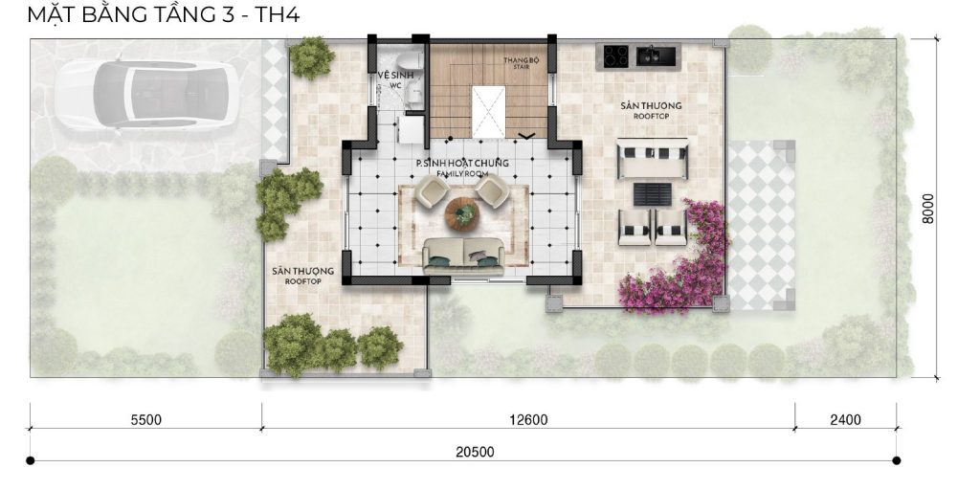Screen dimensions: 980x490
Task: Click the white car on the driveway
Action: click(146, 94)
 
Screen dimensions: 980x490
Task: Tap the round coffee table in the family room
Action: click(463, 213)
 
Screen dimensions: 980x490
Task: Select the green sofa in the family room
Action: click(463, 256)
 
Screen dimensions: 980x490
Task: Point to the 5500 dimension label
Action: click(145, 420)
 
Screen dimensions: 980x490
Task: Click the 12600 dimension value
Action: click(528, 420)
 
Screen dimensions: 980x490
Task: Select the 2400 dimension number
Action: click(845, 420)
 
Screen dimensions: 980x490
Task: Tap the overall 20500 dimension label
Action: click(475, 452)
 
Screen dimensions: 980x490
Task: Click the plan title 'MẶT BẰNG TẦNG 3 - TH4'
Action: click(163, 14)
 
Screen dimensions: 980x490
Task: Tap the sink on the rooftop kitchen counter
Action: click(657, 56)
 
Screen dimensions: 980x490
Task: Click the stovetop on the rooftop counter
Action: click(615, 56)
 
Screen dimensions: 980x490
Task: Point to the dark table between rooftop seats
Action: click(653, 194)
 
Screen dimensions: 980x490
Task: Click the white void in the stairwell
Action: click(488, 112)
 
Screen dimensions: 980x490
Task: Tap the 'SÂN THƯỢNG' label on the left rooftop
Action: click(302, 276)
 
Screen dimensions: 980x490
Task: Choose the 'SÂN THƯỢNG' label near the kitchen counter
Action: click(651, 110)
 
